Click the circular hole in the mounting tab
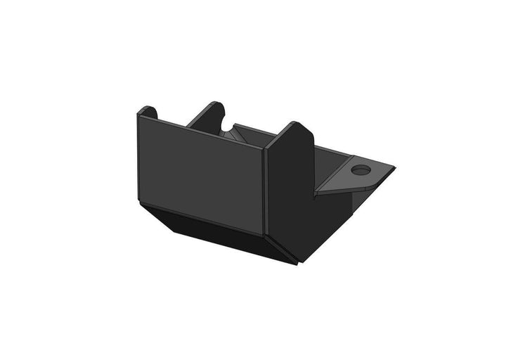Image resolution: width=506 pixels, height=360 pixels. pyautogui.click(x=360, y=169)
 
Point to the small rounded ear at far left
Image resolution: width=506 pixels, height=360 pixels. pyautogui.click(x=147, y=112)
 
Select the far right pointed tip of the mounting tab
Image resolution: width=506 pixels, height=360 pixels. pyautogui.click(x=394, y=168)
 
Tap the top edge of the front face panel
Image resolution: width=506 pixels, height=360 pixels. pyautogui.click(x=200, y=133)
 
